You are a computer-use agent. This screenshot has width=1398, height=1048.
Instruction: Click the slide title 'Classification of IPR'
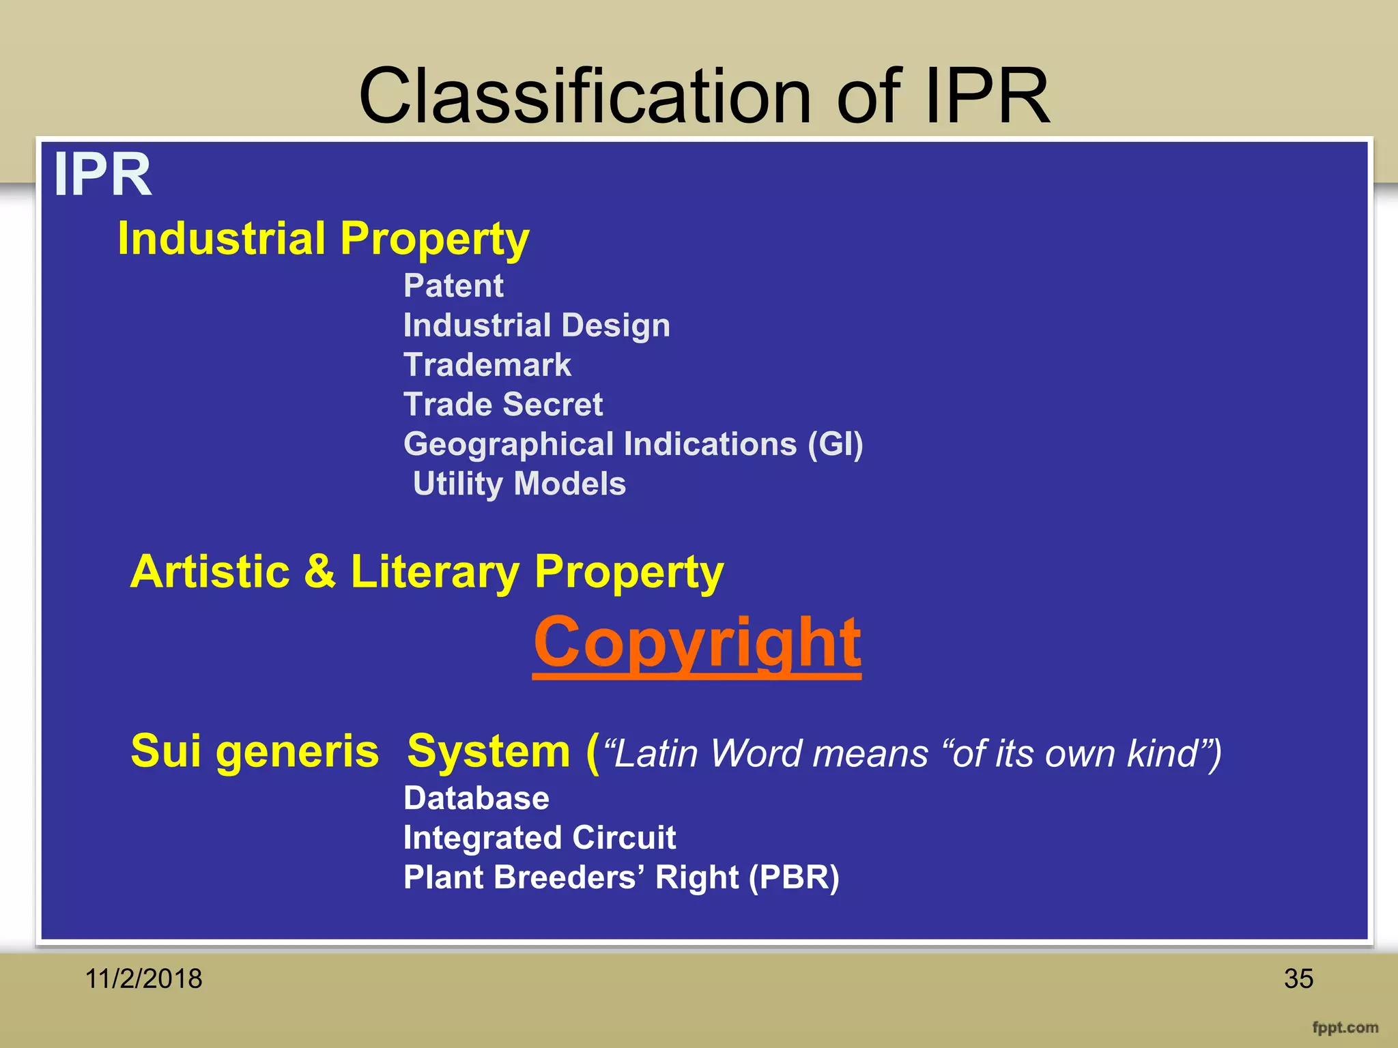coord(704,96)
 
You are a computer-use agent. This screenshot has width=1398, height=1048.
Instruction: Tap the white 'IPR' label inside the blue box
coord(102,175)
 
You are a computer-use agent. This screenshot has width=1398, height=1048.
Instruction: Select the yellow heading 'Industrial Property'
coord(323,239)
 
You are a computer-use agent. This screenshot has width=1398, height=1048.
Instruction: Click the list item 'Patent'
coord(453,285)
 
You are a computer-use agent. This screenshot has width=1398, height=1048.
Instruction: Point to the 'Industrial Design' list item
coord(537,325)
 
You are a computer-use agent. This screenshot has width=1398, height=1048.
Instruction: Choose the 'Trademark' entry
coord(487,365)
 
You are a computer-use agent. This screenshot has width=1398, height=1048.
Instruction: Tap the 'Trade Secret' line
coord(503,405)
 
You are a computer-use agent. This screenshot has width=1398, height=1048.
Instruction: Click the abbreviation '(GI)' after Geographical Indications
coord(835,445)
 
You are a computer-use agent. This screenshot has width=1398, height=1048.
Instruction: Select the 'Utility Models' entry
coord(519,484)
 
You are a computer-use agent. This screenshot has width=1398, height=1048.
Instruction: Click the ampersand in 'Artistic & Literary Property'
coord(319,571)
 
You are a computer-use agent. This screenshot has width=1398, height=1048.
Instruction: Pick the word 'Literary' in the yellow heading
coord(434,572)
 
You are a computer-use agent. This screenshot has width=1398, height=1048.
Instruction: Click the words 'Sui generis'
coord(255,751)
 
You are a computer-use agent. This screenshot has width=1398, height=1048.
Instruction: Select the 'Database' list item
coord(476,798)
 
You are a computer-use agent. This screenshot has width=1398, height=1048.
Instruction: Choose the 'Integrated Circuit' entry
coord(539,838)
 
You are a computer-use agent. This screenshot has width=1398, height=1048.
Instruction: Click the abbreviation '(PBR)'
coord(794,877)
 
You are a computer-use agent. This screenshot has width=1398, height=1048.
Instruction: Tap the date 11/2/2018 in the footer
coord(143,978)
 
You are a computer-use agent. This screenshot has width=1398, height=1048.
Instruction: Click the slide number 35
coord(1298,978)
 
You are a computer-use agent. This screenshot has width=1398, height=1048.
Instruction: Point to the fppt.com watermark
coord(1345,1028)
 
